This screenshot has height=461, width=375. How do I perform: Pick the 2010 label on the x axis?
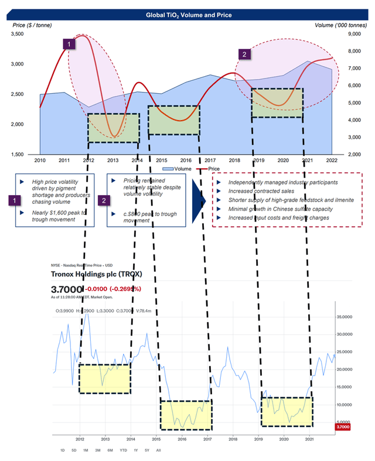coord(40,160)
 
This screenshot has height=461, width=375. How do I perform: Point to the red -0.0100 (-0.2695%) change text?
coord(113,288)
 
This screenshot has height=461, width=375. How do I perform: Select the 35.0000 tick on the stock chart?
coord(346,316)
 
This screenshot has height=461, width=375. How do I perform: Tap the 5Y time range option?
coord(146,450)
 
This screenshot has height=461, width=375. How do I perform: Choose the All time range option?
coord(158,450)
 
